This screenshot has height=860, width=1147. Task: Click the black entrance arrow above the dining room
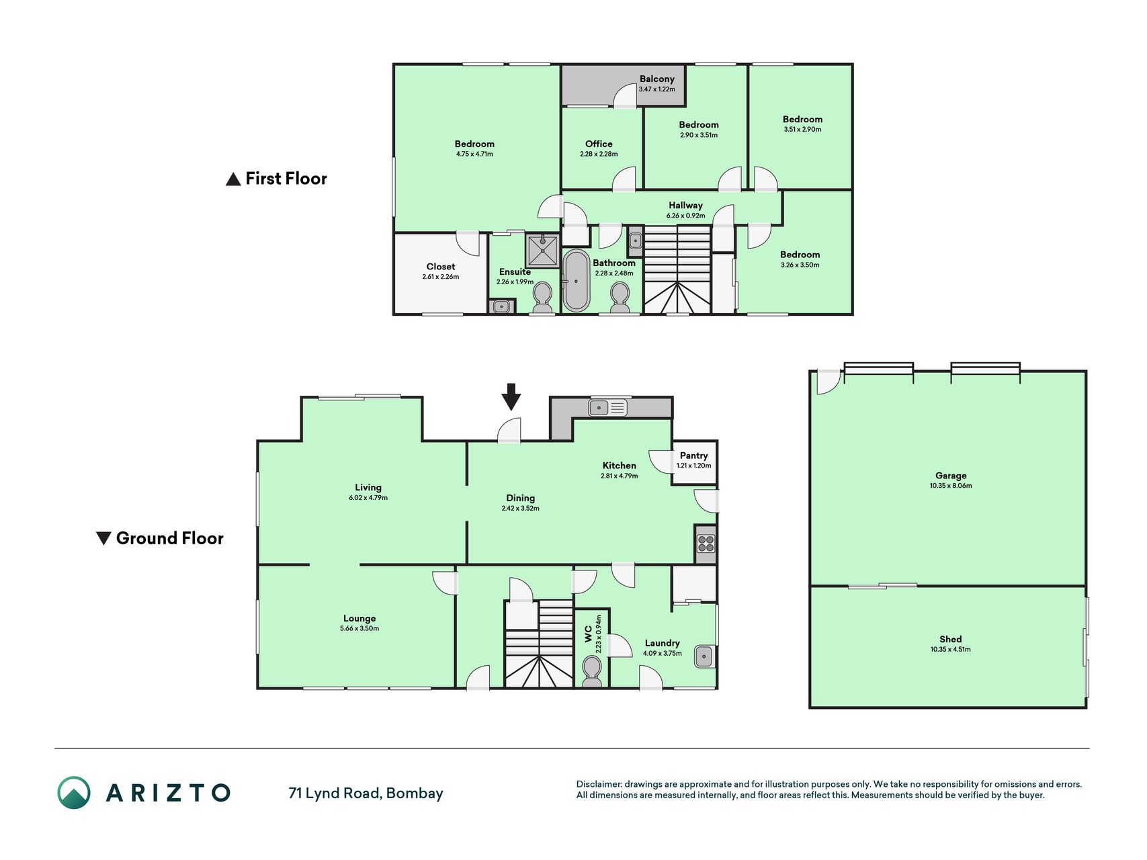(x=511, y=396)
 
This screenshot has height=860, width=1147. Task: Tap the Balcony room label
(x=656, y=79)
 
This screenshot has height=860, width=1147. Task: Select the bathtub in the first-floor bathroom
(x=576, y=281)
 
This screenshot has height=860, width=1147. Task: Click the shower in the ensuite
(x=542, y=251)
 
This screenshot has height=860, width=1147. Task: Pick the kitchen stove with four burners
(x=706, y=543)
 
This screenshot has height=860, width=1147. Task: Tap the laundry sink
(x=704, y=656)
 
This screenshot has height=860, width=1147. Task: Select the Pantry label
(x=694, y=456)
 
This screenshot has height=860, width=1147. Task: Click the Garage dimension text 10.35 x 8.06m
(x=951, y=486)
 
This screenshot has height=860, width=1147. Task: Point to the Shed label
(x=951, y=639)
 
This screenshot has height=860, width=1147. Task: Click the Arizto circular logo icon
(x=74, y=793)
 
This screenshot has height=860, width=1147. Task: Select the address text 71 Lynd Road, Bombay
(x=366, y=793)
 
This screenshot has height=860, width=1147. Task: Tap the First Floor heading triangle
(x=233, y=179)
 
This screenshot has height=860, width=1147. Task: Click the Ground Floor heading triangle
(x=103, y=538)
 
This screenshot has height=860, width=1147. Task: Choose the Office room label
(x=599, y=144)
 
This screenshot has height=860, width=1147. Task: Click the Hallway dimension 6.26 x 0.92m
(x=686, y=216)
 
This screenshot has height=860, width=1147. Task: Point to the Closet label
(x=441, y=267)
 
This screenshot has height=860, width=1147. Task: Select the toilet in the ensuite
(x=542, y=298)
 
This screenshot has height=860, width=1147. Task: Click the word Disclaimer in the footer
(x=599, y=784)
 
